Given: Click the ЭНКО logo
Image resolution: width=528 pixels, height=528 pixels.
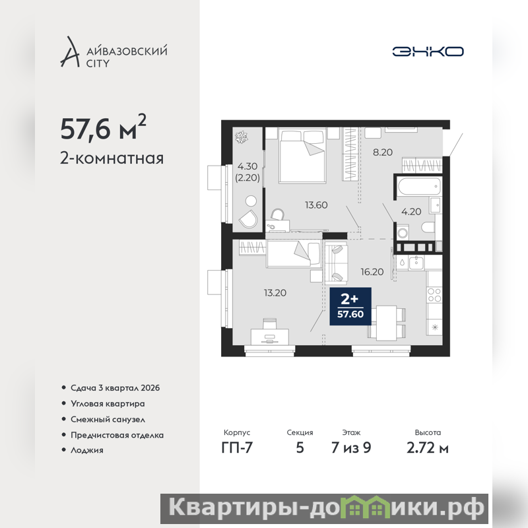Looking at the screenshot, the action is click(428, 51).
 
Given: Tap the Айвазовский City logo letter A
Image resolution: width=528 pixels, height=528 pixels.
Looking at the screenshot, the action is click(70, 51).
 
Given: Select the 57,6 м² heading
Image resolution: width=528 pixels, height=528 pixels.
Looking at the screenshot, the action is click(103, 127).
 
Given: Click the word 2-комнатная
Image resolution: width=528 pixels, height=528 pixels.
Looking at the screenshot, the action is click(112, 158).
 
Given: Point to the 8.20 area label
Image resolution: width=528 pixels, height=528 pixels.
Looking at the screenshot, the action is click(383, 152).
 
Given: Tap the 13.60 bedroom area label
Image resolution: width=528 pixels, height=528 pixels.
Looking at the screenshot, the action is click(316, 205).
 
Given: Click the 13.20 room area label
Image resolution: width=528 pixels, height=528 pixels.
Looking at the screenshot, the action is click(275, 292).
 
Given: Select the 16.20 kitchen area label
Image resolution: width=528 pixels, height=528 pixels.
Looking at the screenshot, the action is click(372, 272).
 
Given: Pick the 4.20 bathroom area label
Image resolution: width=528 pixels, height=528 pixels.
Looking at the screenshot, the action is click(411, 211).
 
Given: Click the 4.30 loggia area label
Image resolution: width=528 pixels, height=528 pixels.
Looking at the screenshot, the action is click(247, 166).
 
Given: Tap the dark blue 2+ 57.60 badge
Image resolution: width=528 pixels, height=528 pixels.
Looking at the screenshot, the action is click(350, 306).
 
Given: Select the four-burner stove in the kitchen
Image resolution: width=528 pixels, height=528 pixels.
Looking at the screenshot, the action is click(434, 294).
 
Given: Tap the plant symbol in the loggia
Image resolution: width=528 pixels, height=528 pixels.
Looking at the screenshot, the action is click(241, 137).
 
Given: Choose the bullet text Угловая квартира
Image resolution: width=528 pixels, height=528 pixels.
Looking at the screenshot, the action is click(108, 403).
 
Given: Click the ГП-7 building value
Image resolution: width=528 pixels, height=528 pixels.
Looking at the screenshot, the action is click(237, 447).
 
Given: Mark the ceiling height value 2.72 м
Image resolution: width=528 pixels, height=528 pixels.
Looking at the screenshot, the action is click(428, 448).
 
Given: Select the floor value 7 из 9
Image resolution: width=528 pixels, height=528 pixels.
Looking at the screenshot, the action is click(351, 447).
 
